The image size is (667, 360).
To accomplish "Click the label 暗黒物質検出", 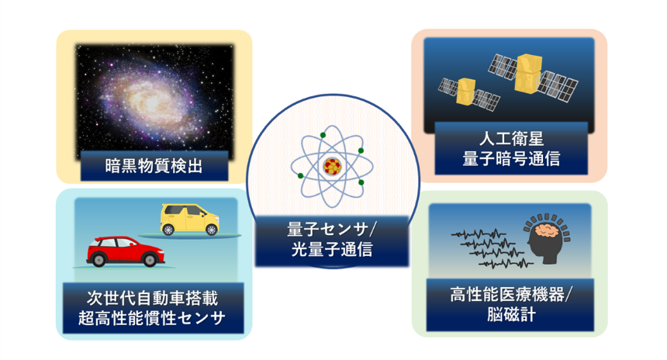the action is pyautogui.click(x=154, y=166).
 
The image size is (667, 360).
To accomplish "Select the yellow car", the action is pyautogui.click(x=190, y=220).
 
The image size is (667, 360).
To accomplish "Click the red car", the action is pyautogui.click(x=125, y=251).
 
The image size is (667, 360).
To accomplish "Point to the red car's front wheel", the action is pyautogui.click(x=150, y=259).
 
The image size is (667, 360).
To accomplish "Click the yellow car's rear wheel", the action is pyautogui.click(x=168, y=230).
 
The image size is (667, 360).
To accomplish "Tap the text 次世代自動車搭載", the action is pyautogui.click(x=152, y=298).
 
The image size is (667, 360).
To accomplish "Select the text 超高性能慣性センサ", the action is pyautogui.click(x=151, y=318).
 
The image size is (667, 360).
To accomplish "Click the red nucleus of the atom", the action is pyautogui.click(x=332, y=166).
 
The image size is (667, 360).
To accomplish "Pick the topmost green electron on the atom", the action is pyautogui.click(x=323, y=135).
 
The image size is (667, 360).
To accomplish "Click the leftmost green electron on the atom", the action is pyautogui.click(x=300, y=176).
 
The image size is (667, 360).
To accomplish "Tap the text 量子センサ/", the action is pyautogui.click(x=332, y=230).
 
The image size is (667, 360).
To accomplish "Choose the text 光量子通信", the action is pyautogui.click(x=332, y=250).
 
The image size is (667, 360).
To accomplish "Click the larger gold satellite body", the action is pyautogui.click(x=527, y=74).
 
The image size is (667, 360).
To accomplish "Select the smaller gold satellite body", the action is pyautogui.click(x=466, y=92).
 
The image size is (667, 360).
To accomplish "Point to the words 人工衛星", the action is pyautogui.click(x=511, y=139).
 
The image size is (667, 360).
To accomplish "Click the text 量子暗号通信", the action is pyautogui.click(x=511, y=159).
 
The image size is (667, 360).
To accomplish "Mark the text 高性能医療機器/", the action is pyautogui.click(x=511, y=295).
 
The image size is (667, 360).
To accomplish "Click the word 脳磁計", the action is pyautogui.click(x=511, y=315).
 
